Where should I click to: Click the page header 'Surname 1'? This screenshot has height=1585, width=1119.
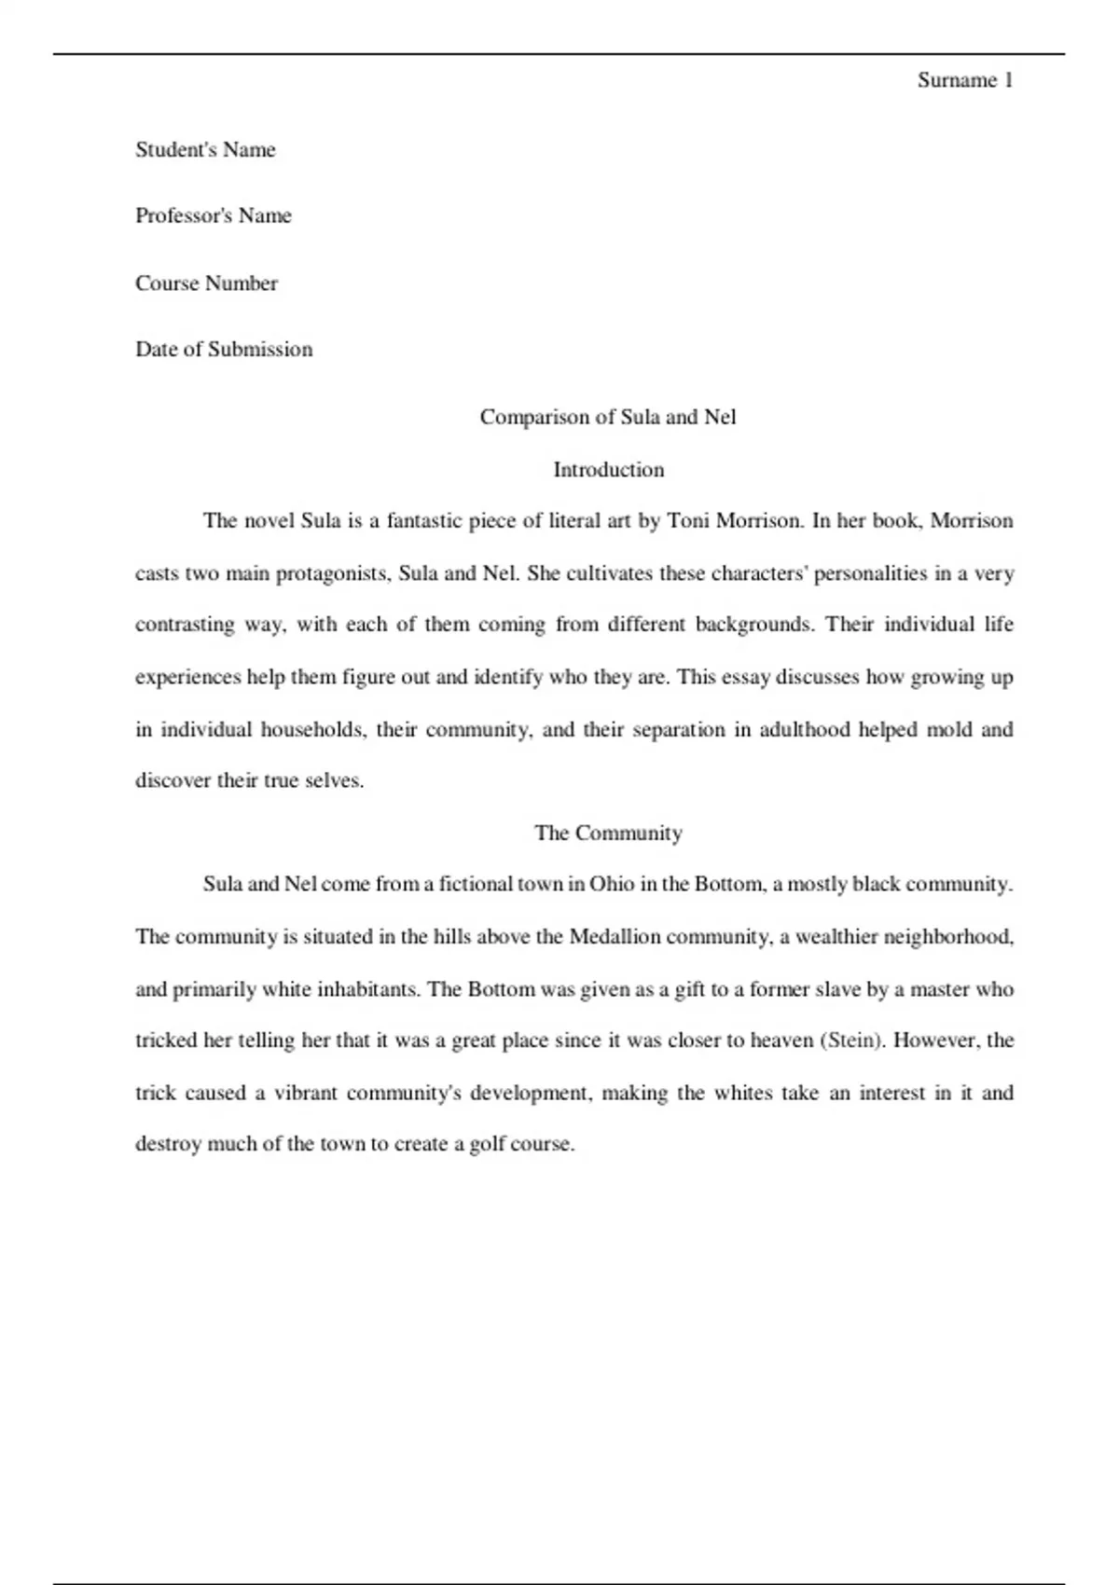[x=964, y=80]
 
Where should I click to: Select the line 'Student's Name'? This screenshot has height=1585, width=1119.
[x=205, y=150]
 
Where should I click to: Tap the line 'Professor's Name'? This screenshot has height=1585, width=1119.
[x=214, y=216]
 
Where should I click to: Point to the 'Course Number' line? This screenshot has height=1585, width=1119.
[x=206, y=283]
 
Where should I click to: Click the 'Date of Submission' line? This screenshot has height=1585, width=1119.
[x=224, y=350]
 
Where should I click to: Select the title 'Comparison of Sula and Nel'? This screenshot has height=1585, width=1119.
[x=608, y=417]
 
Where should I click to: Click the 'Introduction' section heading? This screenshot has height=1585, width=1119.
[x=608, y=470]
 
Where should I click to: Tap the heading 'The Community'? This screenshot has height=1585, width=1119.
[x=608, y=833]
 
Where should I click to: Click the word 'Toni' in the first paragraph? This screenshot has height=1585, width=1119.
[x=688, y=520]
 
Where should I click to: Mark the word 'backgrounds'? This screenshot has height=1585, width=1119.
[x=754, y=625]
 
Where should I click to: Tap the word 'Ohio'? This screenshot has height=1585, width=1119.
[x=612, y=884]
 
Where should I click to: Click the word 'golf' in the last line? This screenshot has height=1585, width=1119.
[x=487, y=1144]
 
